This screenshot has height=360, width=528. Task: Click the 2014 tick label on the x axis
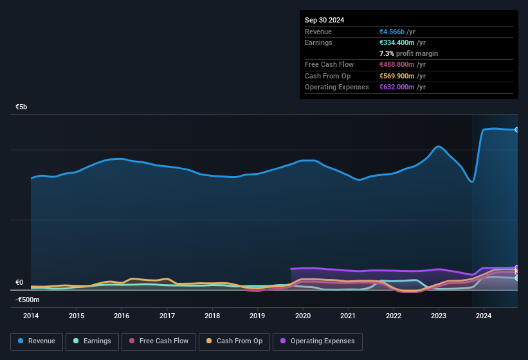pyautogui.click(x=31, y=316)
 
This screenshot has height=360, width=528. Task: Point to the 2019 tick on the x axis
pyautogui.click(x=257, y=316)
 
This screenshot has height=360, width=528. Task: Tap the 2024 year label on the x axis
pyautogui.click(x=484, y=316)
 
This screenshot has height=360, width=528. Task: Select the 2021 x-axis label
pyautogui.click(x=348, y=316)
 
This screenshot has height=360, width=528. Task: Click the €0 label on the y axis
pyautogui.click(x=19, y=282)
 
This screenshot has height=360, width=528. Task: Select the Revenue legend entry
pyautogui.click(x=36, y=341)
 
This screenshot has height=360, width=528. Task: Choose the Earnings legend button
pyautogui.click(x=92, y=341)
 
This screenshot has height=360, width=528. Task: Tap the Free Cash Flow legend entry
pyautogui.click(x=159, y=341)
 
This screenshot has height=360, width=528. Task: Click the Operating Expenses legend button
pyautogui.click(x=318, y=341)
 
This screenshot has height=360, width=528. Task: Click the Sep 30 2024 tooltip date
pyautogui.click(x=324, y=20)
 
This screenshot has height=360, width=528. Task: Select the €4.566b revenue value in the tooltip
pyautogui.click(x=393, y=32)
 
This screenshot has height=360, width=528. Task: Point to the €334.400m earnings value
pyautogui.click(x=397, y=42)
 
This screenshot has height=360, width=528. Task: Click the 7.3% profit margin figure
pyautogui.click(x=386, y=53)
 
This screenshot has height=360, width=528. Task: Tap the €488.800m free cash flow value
pyautogui.click(x=397, y=64)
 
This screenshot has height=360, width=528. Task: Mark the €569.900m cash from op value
pyautogui.click(x=397, y=76)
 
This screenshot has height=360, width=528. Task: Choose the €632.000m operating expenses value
pyautogui.click(x=397, y=87)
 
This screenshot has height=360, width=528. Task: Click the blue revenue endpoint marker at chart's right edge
pyautogui.click(x=516, y=130)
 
